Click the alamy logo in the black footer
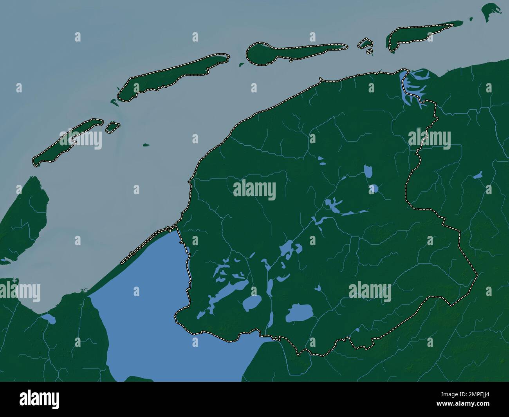39,400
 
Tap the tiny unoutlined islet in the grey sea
146,145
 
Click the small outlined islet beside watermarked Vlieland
112,126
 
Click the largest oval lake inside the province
300,313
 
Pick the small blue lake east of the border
478,175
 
